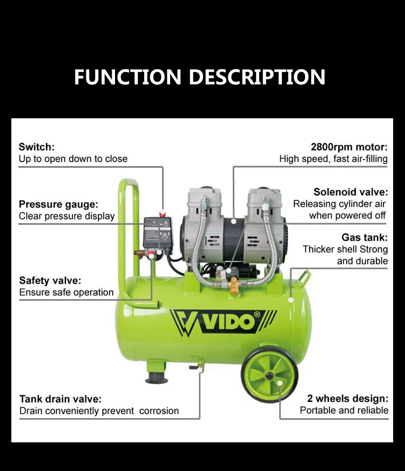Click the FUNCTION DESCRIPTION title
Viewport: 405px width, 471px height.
click(x=199, y=77)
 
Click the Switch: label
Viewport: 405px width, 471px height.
click(x=37, y=147)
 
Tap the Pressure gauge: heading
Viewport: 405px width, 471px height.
click(x=58, y=204)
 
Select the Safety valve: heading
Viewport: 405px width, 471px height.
click(x=50, y=280)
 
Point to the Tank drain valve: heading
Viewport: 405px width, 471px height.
click(x=60, y=399)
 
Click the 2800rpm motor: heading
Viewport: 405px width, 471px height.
click(x=349, y=147)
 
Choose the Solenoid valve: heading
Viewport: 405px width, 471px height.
click(x=350, y=192)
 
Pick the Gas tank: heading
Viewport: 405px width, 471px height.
click(x=364, y=238)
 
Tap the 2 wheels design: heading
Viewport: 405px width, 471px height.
click(x=347, y=399)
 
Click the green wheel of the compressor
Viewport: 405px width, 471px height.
click(x=269, y=374)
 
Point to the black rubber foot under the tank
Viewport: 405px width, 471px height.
click(x=157, y=377)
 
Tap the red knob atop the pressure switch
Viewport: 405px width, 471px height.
click(x=161, y=214)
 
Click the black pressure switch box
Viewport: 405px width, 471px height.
click(x=158, y=233)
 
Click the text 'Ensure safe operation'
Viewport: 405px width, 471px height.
click(x=66, y=293)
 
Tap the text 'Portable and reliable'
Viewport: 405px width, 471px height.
click(x=344, y=411)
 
